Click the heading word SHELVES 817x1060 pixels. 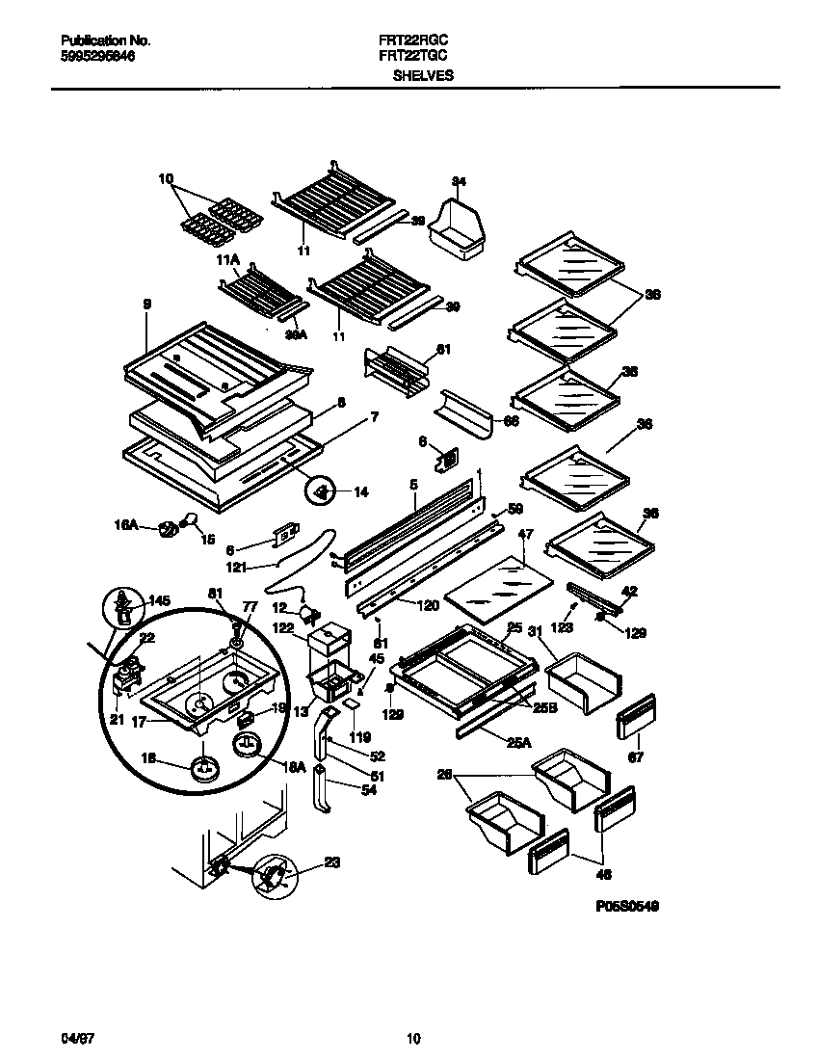(423, 74)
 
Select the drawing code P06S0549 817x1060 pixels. (626, 907)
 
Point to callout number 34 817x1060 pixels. (459, 182)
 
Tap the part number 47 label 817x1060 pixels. (525, 533)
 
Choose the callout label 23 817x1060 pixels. (332, 863)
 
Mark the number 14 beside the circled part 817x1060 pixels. (360, 492)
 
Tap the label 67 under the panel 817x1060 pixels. (635, 757)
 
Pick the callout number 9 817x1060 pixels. (147, 305)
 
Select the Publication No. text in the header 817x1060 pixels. (105, 41)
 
